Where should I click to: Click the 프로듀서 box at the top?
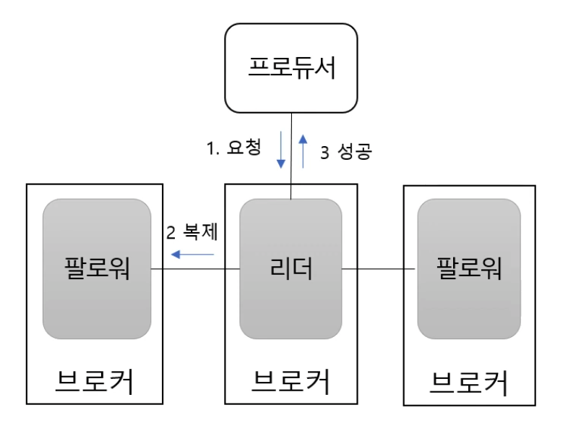291,68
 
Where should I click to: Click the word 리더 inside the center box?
291,269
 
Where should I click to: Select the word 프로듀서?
291,68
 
